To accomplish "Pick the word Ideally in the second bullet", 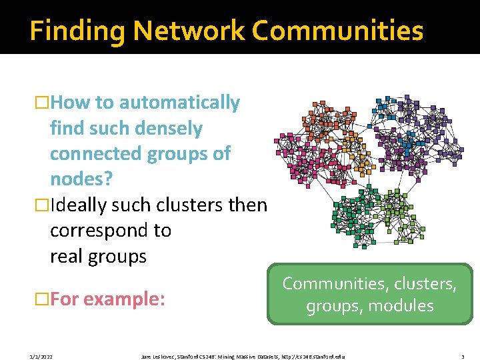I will click(79, 205).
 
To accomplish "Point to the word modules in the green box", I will click(405, 306).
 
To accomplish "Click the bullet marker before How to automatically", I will click(42, 103).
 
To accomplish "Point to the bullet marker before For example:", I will click(42, 299).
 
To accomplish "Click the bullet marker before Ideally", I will click(42, 205).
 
